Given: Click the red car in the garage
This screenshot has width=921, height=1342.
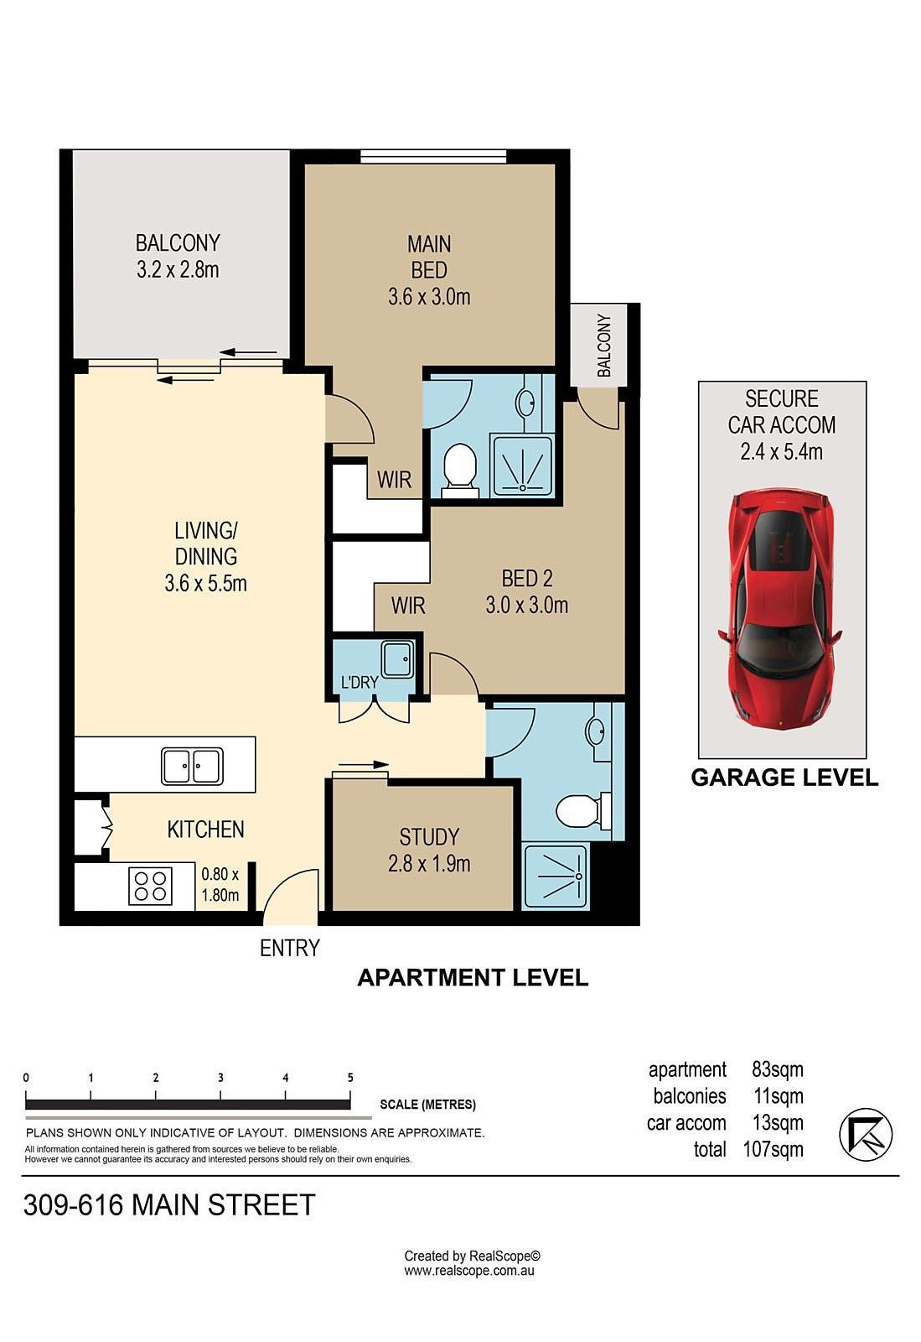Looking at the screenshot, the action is [781, 609].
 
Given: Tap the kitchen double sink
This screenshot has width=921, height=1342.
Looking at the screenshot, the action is [192, 766].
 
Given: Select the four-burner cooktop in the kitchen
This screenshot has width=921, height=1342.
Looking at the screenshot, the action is [151, 887].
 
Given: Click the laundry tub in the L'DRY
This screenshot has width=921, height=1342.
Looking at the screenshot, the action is [396, 659].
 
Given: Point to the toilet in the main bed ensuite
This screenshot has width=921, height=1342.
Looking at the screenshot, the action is [459, 470].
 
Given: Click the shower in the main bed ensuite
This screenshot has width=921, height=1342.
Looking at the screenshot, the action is [522, 466].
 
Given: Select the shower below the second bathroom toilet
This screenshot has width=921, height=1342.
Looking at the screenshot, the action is [556, 876].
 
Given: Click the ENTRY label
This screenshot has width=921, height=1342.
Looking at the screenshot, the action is [290, 948].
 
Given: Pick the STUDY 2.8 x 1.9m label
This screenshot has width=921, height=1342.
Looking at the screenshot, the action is [429, 850].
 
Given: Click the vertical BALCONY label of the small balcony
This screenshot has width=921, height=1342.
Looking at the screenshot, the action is [604, 346].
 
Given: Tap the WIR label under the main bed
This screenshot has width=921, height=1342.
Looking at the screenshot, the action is [395, 479].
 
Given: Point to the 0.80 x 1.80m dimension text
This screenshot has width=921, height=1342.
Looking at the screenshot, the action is [220, 884].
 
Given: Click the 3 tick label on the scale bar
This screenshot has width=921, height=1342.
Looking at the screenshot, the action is [220, 1078].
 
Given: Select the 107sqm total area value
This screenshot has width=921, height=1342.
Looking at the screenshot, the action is [773, 1150].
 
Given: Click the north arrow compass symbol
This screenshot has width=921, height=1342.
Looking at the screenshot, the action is [866, 1135].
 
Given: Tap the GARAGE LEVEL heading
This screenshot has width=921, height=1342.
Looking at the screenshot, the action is [784, 778].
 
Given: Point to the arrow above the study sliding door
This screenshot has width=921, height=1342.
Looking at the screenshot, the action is [363, 764].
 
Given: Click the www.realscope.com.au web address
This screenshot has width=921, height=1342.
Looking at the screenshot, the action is [469, 1271].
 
